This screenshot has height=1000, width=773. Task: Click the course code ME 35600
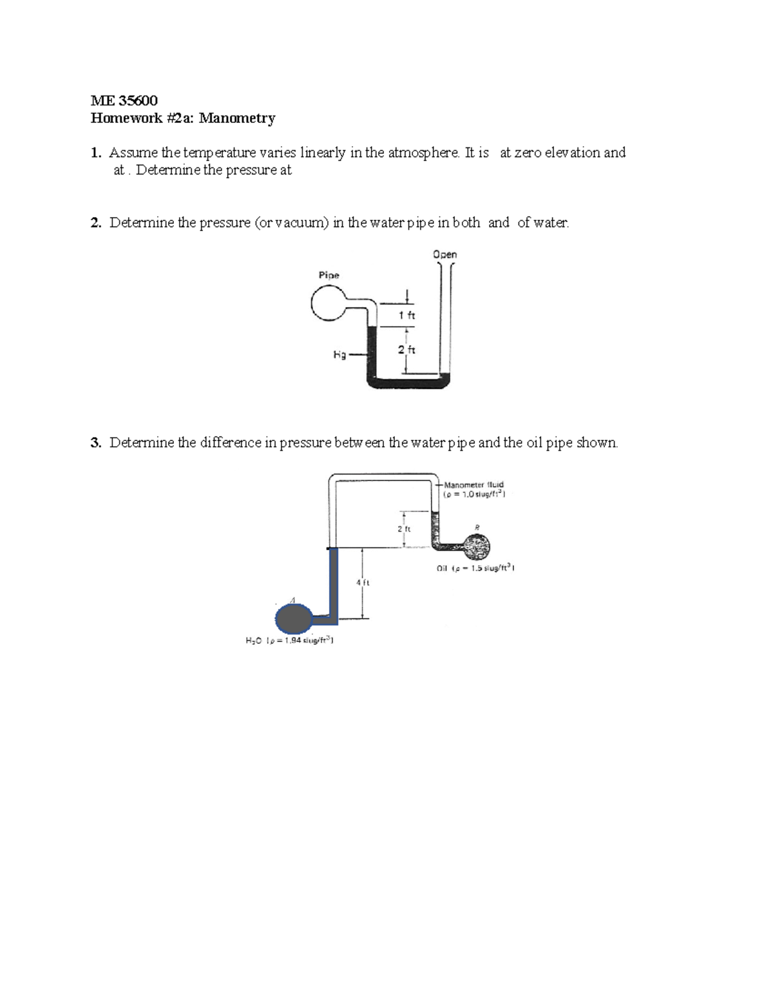[x=124, y=100]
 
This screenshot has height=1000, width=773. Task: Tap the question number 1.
[x=95, y=153]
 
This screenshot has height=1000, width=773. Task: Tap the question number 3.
[x=95, y=443]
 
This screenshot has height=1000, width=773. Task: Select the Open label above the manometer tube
[x=444, y=254]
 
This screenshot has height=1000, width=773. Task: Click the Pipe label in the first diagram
[x=329, y=275]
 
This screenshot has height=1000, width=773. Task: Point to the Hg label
[x=339, y=355]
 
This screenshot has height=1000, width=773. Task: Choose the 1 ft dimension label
[x=406, y=316]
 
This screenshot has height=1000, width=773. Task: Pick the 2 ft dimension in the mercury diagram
[x=406, y=350]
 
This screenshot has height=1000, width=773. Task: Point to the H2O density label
[x=289, y=641]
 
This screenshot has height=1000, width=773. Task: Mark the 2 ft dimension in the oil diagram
[x=403, y=529]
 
